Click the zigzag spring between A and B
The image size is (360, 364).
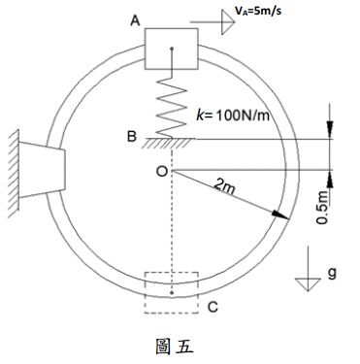click(x=171, y=105)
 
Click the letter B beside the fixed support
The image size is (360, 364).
click(x=132, y=138)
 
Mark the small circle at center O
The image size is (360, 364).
click(x=171, y=171)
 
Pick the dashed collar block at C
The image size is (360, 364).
click(x=171, y=292)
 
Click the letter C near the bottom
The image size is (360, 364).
click(x=213, y=308)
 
